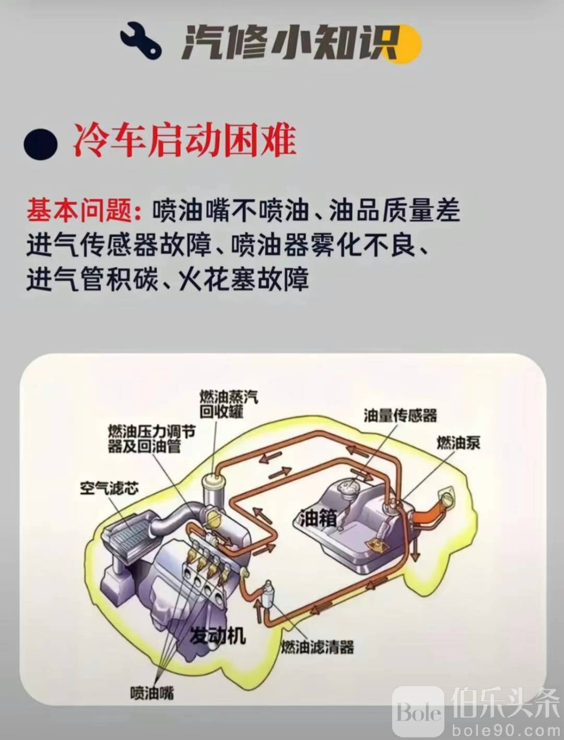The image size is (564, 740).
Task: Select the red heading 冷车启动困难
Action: tap(185, 141)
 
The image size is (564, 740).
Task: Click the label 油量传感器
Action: tap(400, 416)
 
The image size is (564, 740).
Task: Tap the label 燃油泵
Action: tap(458, 443)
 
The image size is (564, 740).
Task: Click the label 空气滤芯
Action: tap(109, 488)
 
